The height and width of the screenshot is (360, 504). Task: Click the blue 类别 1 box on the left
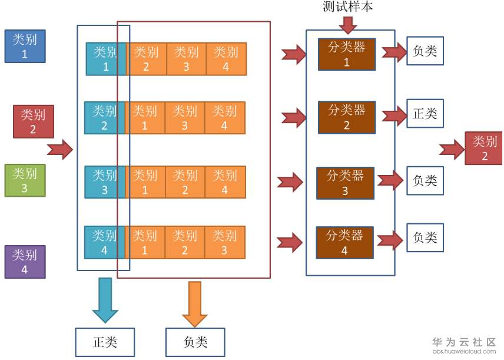click(x=25, y=46)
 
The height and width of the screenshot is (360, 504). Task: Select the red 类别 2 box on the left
click(x=34, y=121)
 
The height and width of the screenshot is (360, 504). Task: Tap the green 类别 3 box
click(x=25, y=180)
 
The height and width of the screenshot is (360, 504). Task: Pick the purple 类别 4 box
click(x=25, y=262)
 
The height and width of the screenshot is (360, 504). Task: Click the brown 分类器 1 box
click(x=346, y=54)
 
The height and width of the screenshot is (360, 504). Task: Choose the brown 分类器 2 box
click(x=346, y=117)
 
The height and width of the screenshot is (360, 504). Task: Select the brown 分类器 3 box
click(x=345, y=183)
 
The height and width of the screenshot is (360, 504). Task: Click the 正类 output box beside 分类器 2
click(x=425, y=114)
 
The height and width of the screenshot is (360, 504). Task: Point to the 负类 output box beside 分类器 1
click(x=425, y=51)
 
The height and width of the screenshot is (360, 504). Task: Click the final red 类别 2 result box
click(x=485, y=148)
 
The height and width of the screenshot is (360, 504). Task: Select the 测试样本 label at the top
click(x=348, y=6)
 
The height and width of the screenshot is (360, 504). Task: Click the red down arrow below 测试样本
click(x=348, y=25)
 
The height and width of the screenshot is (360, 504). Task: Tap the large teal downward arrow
click(x=105, y=299)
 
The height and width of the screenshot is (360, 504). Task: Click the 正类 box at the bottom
click(x=105, y=342)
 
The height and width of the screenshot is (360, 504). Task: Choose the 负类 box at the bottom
click(x=195, y=342)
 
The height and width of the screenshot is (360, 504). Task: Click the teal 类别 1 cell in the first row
click(x=105, y=59)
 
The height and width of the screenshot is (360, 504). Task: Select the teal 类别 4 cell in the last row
click(x=104, y=242)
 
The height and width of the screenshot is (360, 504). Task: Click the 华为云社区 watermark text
click(x=464, y=342)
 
